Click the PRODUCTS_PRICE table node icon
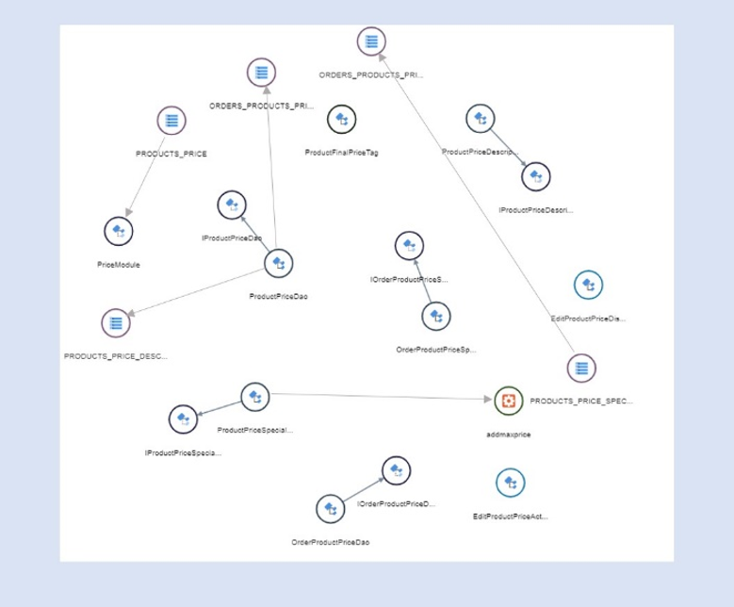tap(171, 121)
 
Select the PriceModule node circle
tap(118, 231)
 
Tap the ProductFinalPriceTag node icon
tap(341, 120)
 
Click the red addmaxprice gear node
tap(509, 401)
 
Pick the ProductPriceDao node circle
tap(278, 263)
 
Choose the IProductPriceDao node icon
tap(231, 205)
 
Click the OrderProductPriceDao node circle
tap(330, 509)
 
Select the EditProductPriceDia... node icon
tap(588, 285)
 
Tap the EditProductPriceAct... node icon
tap(511, 483)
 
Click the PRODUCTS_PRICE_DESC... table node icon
tap(115, 323)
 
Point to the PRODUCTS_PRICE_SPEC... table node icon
tap(581, 368)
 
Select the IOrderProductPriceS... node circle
tap(409, 246)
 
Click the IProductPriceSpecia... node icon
tap(183, 419)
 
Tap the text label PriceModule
tap(119, 265)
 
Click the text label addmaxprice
tap(509, 435)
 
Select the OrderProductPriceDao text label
tap(331, 543)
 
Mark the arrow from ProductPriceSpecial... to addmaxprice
tap(377, 397)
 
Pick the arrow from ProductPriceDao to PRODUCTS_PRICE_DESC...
tap(198, 293)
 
